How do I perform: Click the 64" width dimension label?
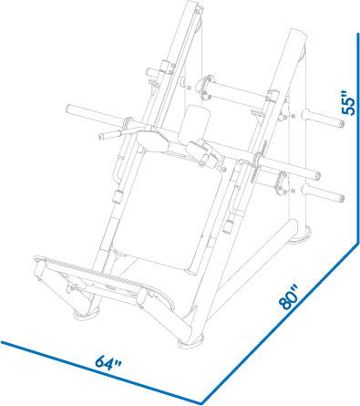(x=108, y=362)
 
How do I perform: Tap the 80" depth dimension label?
(x=289, y=297)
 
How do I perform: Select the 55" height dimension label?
(x=348, y=102)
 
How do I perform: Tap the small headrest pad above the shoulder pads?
(x=195, y=121)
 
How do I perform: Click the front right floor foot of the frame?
(x=190, y=342)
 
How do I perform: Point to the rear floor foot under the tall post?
(x=300, y=234)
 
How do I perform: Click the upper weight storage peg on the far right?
(x=323, y=119)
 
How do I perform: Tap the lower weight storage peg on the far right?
(x=323, y=193)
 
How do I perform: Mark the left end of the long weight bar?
(x=69, y=109)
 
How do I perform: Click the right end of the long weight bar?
(x=316, y=175)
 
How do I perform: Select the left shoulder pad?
(x=152, y=140)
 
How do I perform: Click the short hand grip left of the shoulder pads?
(x=110, y=135)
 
